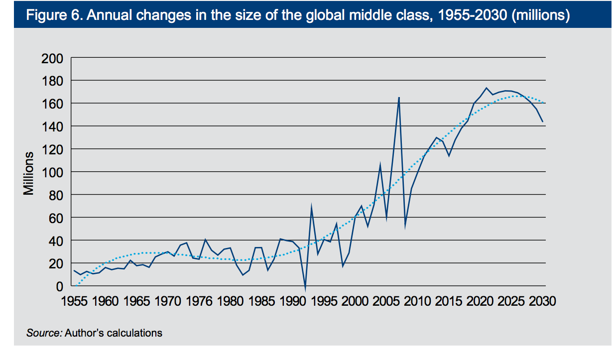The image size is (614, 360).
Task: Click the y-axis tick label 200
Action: (51, 58)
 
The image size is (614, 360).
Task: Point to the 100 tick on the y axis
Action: (51, 172)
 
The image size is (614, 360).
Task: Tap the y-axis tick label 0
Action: (59, 286)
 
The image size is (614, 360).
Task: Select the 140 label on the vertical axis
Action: (51, 126)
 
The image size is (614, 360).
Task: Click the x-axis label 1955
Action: (74, 301)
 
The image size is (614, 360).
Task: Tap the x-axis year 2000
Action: (355, 301)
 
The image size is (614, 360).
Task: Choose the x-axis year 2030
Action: (542, 301)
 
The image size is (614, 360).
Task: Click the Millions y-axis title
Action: (29, 173)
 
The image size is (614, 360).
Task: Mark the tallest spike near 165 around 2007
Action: (399, 98)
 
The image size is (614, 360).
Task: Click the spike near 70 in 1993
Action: (311, 206)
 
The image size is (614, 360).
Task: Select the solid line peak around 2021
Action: (486, 88)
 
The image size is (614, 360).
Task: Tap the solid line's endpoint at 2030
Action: (542, 121)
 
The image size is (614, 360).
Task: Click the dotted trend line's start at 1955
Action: (74, 286)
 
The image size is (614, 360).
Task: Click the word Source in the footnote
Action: (44, 333)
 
